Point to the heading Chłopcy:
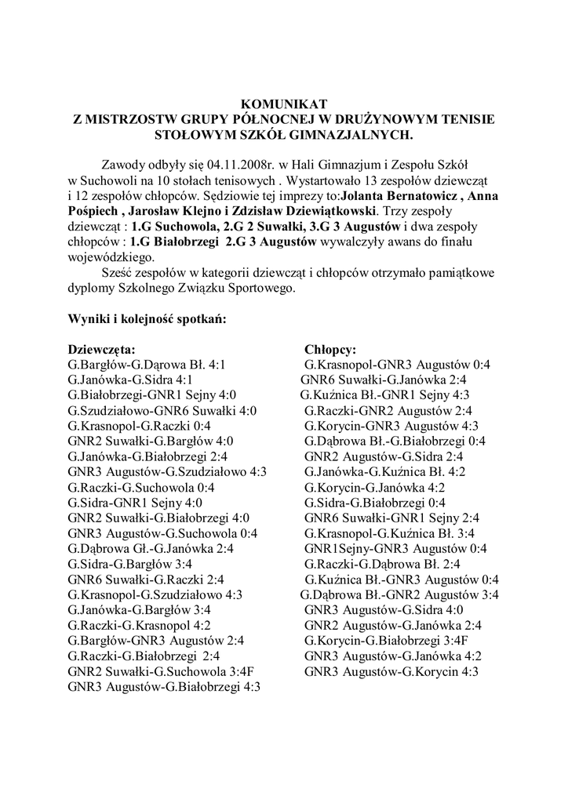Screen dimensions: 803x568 (x=330, y=349)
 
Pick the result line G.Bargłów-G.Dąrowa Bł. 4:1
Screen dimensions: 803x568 (x=147, y=365)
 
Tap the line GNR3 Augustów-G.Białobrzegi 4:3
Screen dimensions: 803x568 (x=165, y=687)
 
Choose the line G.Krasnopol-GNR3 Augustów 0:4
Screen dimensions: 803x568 (x=397, y=365)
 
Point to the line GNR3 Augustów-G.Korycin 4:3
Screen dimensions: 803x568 (x=391, y=671)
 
